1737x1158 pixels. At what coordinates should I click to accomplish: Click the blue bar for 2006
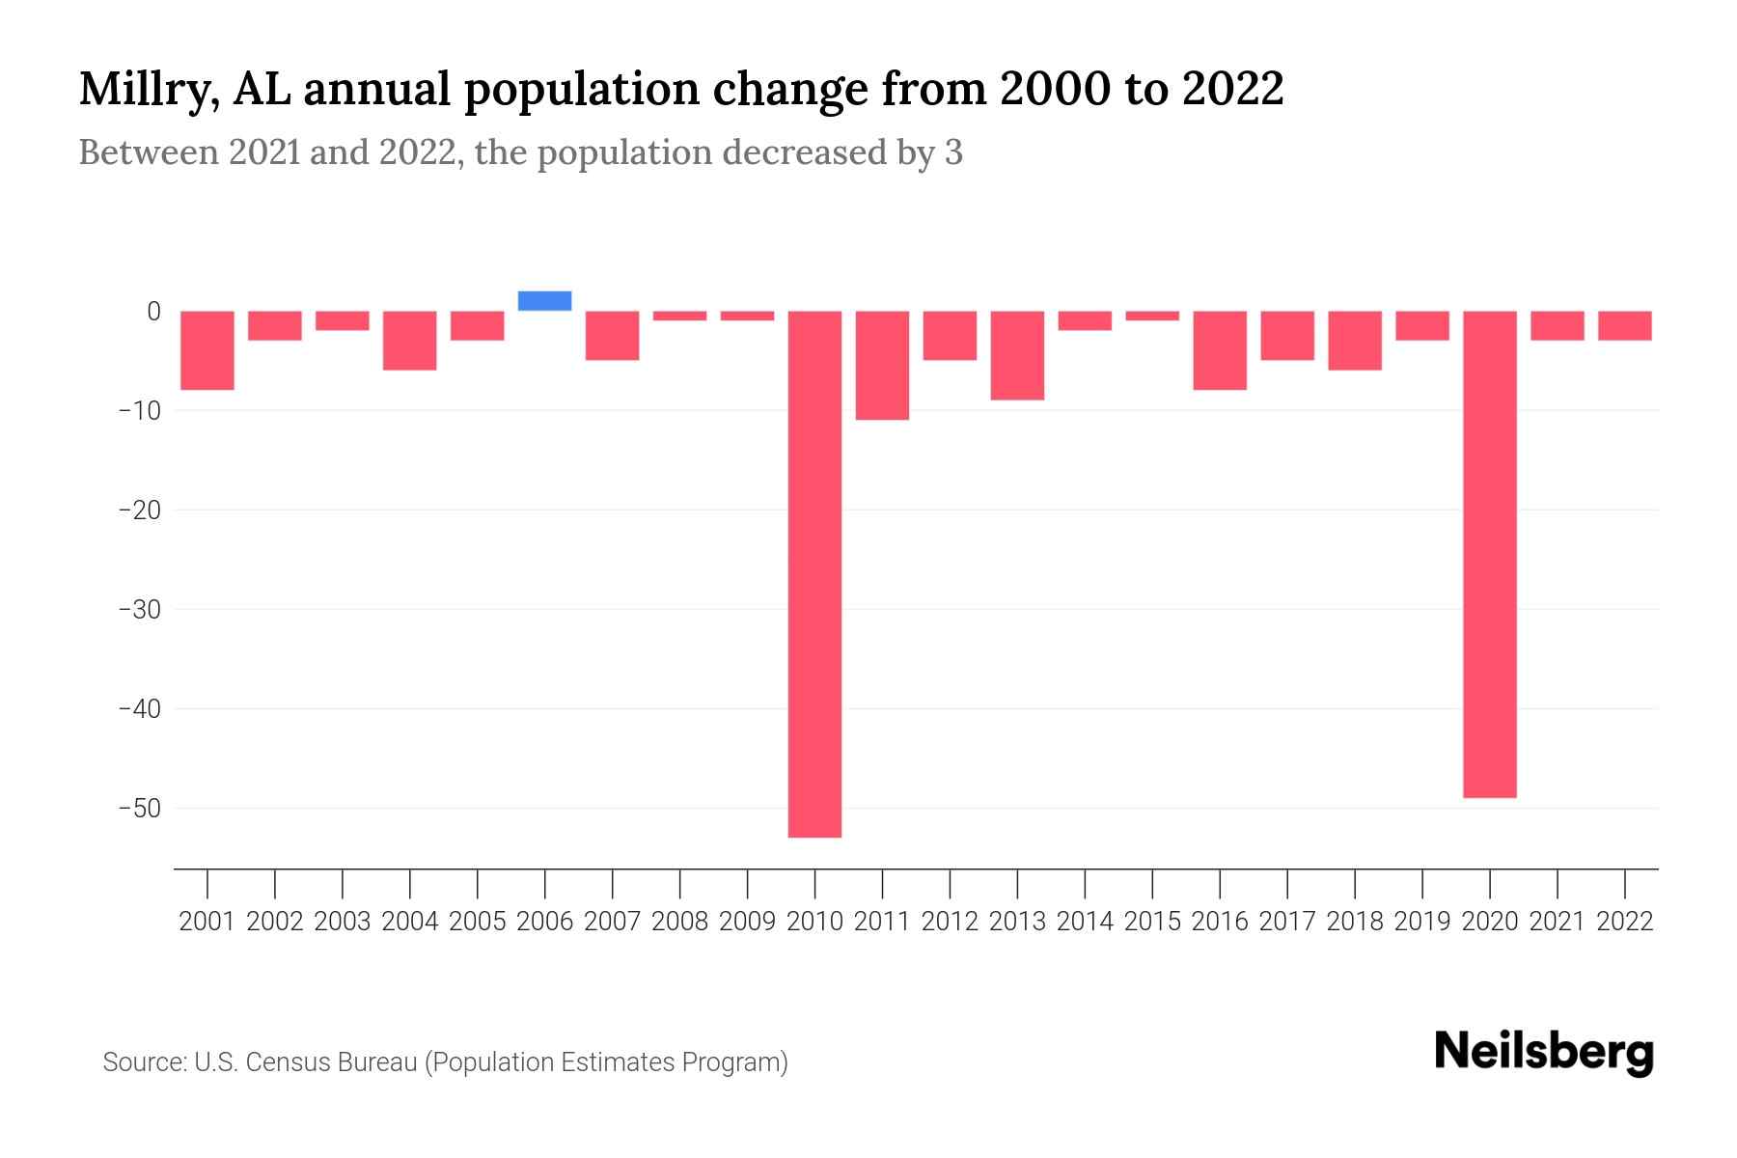[544, 301]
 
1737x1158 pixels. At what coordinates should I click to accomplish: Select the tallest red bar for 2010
[814, 574]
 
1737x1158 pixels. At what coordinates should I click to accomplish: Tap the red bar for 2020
[1489, 555]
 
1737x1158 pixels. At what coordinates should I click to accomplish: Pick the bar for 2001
[207, 350]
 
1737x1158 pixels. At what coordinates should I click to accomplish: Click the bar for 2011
[882, 365]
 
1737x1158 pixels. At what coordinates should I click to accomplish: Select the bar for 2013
[1017, 355]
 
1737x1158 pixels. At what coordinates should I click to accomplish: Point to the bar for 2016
[1220, 350]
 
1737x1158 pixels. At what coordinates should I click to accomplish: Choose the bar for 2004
[410, 340]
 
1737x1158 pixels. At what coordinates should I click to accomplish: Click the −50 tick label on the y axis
[139, 809]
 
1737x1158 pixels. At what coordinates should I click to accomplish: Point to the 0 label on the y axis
[153, 312]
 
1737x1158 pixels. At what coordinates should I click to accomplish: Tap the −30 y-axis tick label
[139, 610]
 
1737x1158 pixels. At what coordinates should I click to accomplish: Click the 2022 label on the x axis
[1625, 922]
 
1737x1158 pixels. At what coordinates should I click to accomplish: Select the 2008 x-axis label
[679, 922]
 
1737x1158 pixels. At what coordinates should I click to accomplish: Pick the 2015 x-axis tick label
[1152, 922]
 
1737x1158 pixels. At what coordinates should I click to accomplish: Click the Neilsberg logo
[1544, 1052]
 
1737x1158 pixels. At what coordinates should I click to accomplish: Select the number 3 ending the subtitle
[953, 153]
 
